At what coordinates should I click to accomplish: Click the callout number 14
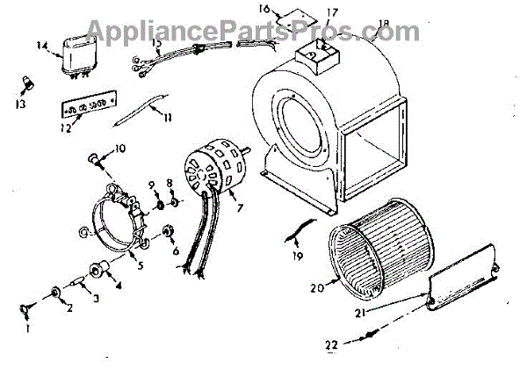click(x=40, y=43)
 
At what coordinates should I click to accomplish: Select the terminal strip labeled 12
click(x=85, y=108)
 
